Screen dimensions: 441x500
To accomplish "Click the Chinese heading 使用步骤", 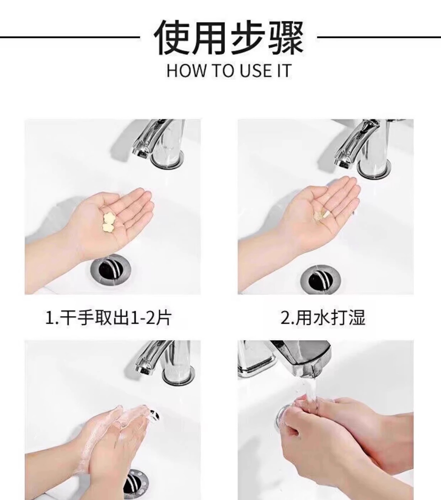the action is pyautogui.click(x=229, y=38).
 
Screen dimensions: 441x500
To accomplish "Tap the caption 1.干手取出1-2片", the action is pyautogui.click(x=108, y=318).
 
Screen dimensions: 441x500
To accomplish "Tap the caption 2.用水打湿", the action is pyautogui.click(x=323, y=318).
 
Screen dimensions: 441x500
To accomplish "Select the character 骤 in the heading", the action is pyautogui.click(x=286, y=38).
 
